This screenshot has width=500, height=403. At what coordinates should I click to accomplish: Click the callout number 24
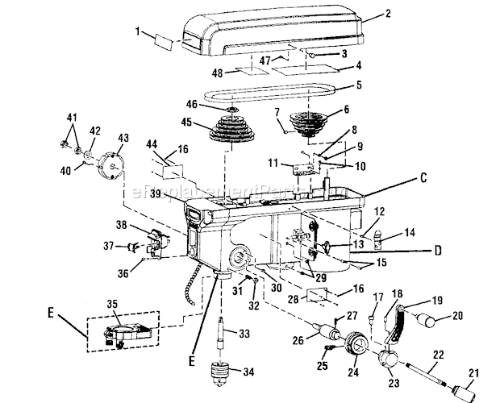[352, 372]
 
